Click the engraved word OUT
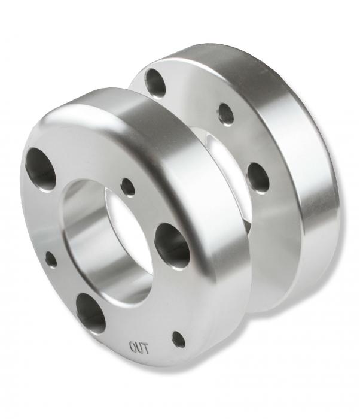139,347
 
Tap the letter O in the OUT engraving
133,347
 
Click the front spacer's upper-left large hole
40,169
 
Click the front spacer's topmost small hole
128,187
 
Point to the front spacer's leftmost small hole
51,259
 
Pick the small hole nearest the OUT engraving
179,339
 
